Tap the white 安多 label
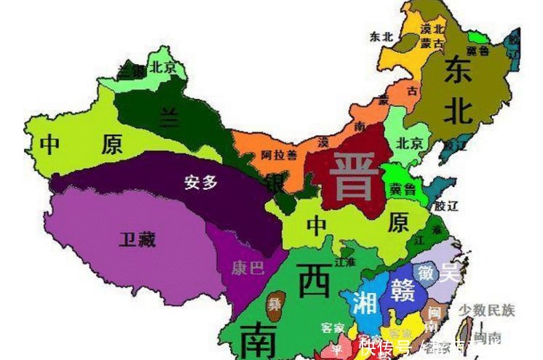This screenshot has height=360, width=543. pos(202,183)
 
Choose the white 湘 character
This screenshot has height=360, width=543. pos(364,301)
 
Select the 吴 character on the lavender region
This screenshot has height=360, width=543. pos(450,273)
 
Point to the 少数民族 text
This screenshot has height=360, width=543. pos(486,311)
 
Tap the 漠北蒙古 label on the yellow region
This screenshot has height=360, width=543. pos(432,36)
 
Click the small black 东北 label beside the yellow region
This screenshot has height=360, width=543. pos(381,35)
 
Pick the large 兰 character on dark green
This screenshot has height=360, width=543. pos(170,118)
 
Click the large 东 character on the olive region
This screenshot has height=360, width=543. pos(459,70)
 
